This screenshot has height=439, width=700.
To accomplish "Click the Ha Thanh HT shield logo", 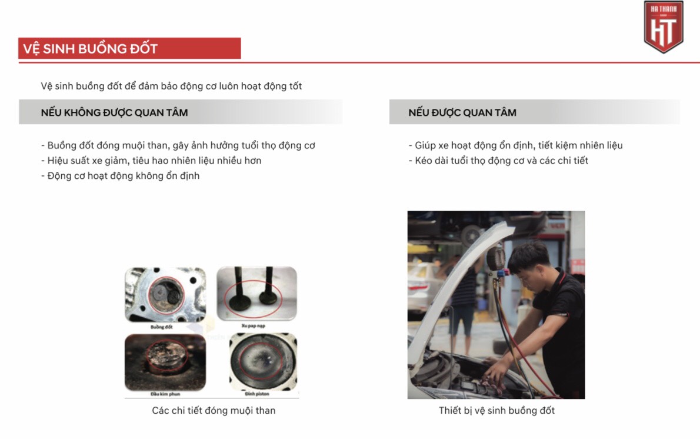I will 664,26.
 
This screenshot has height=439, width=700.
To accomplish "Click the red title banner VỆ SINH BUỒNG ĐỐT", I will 129,48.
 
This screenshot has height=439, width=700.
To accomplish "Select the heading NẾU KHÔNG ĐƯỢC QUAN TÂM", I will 115,112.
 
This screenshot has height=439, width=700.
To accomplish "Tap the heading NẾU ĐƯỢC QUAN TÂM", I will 462,112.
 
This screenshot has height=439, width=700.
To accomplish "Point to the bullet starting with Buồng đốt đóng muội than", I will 178,145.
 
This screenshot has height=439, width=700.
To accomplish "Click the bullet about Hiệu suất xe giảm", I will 151,161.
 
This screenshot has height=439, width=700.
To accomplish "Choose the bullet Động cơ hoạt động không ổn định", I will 121,176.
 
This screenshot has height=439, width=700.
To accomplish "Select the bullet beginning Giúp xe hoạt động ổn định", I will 515,145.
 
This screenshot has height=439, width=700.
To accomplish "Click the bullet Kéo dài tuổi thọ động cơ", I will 498,161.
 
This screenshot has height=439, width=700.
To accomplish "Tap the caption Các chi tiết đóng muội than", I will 214,411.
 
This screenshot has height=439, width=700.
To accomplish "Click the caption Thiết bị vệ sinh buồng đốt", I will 496,411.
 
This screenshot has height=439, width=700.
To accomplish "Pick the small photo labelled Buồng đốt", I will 165,295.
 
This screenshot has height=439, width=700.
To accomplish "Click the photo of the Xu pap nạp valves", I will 257,294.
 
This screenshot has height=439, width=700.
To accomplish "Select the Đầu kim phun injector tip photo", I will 165,362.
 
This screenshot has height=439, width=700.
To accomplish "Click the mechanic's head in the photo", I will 528,259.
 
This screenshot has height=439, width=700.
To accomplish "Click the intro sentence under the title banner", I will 171,87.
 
